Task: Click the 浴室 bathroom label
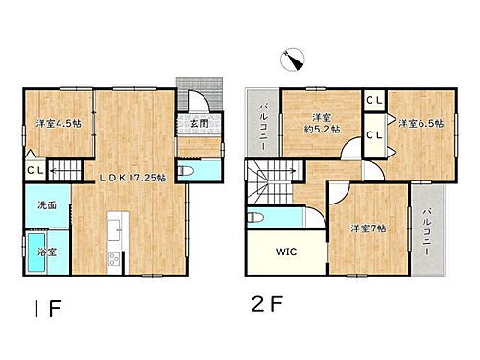click(x=46, y=252)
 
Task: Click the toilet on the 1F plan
click(x=188, y=170)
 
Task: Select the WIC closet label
click(x=285, y=253)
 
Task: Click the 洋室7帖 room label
click(x=368, y=228)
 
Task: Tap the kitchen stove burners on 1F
click(x=113, y=256)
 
